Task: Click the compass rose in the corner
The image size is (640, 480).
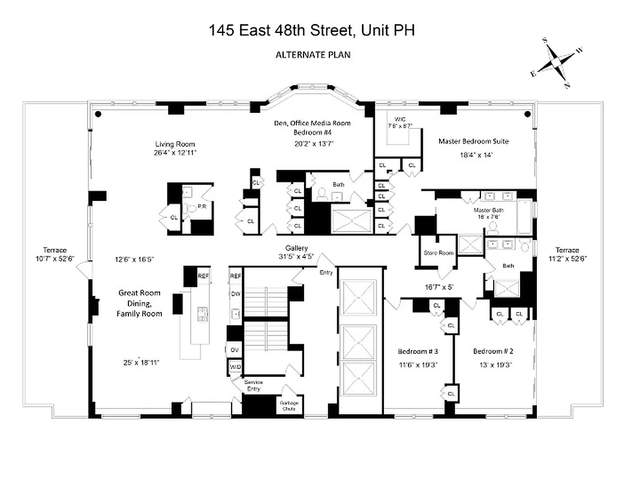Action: tap(557, 62)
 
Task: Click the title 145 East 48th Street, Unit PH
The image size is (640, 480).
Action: tap(312, 31)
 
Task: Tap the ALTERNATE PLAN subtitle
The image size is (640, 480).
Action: tap(313, 55)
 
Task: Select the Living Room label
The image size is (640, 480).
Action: tap(175, 144)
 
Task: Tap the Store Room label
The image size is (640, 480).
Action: tap(438, 253)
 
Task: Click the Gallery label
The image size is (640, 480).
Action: tap(296, 248)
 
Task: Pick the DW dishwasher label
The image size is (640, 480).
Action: tap(235, 294)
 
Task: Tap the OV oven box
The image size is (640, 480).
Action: tap(235, 349)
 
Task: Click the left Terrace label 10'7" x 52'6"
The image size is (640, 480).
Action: tap(55, 254)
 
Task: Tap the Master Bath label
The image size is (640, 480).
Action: tap(488, 210)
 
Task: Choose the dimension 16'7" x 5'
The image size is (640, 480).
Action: tap(439, 287)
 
